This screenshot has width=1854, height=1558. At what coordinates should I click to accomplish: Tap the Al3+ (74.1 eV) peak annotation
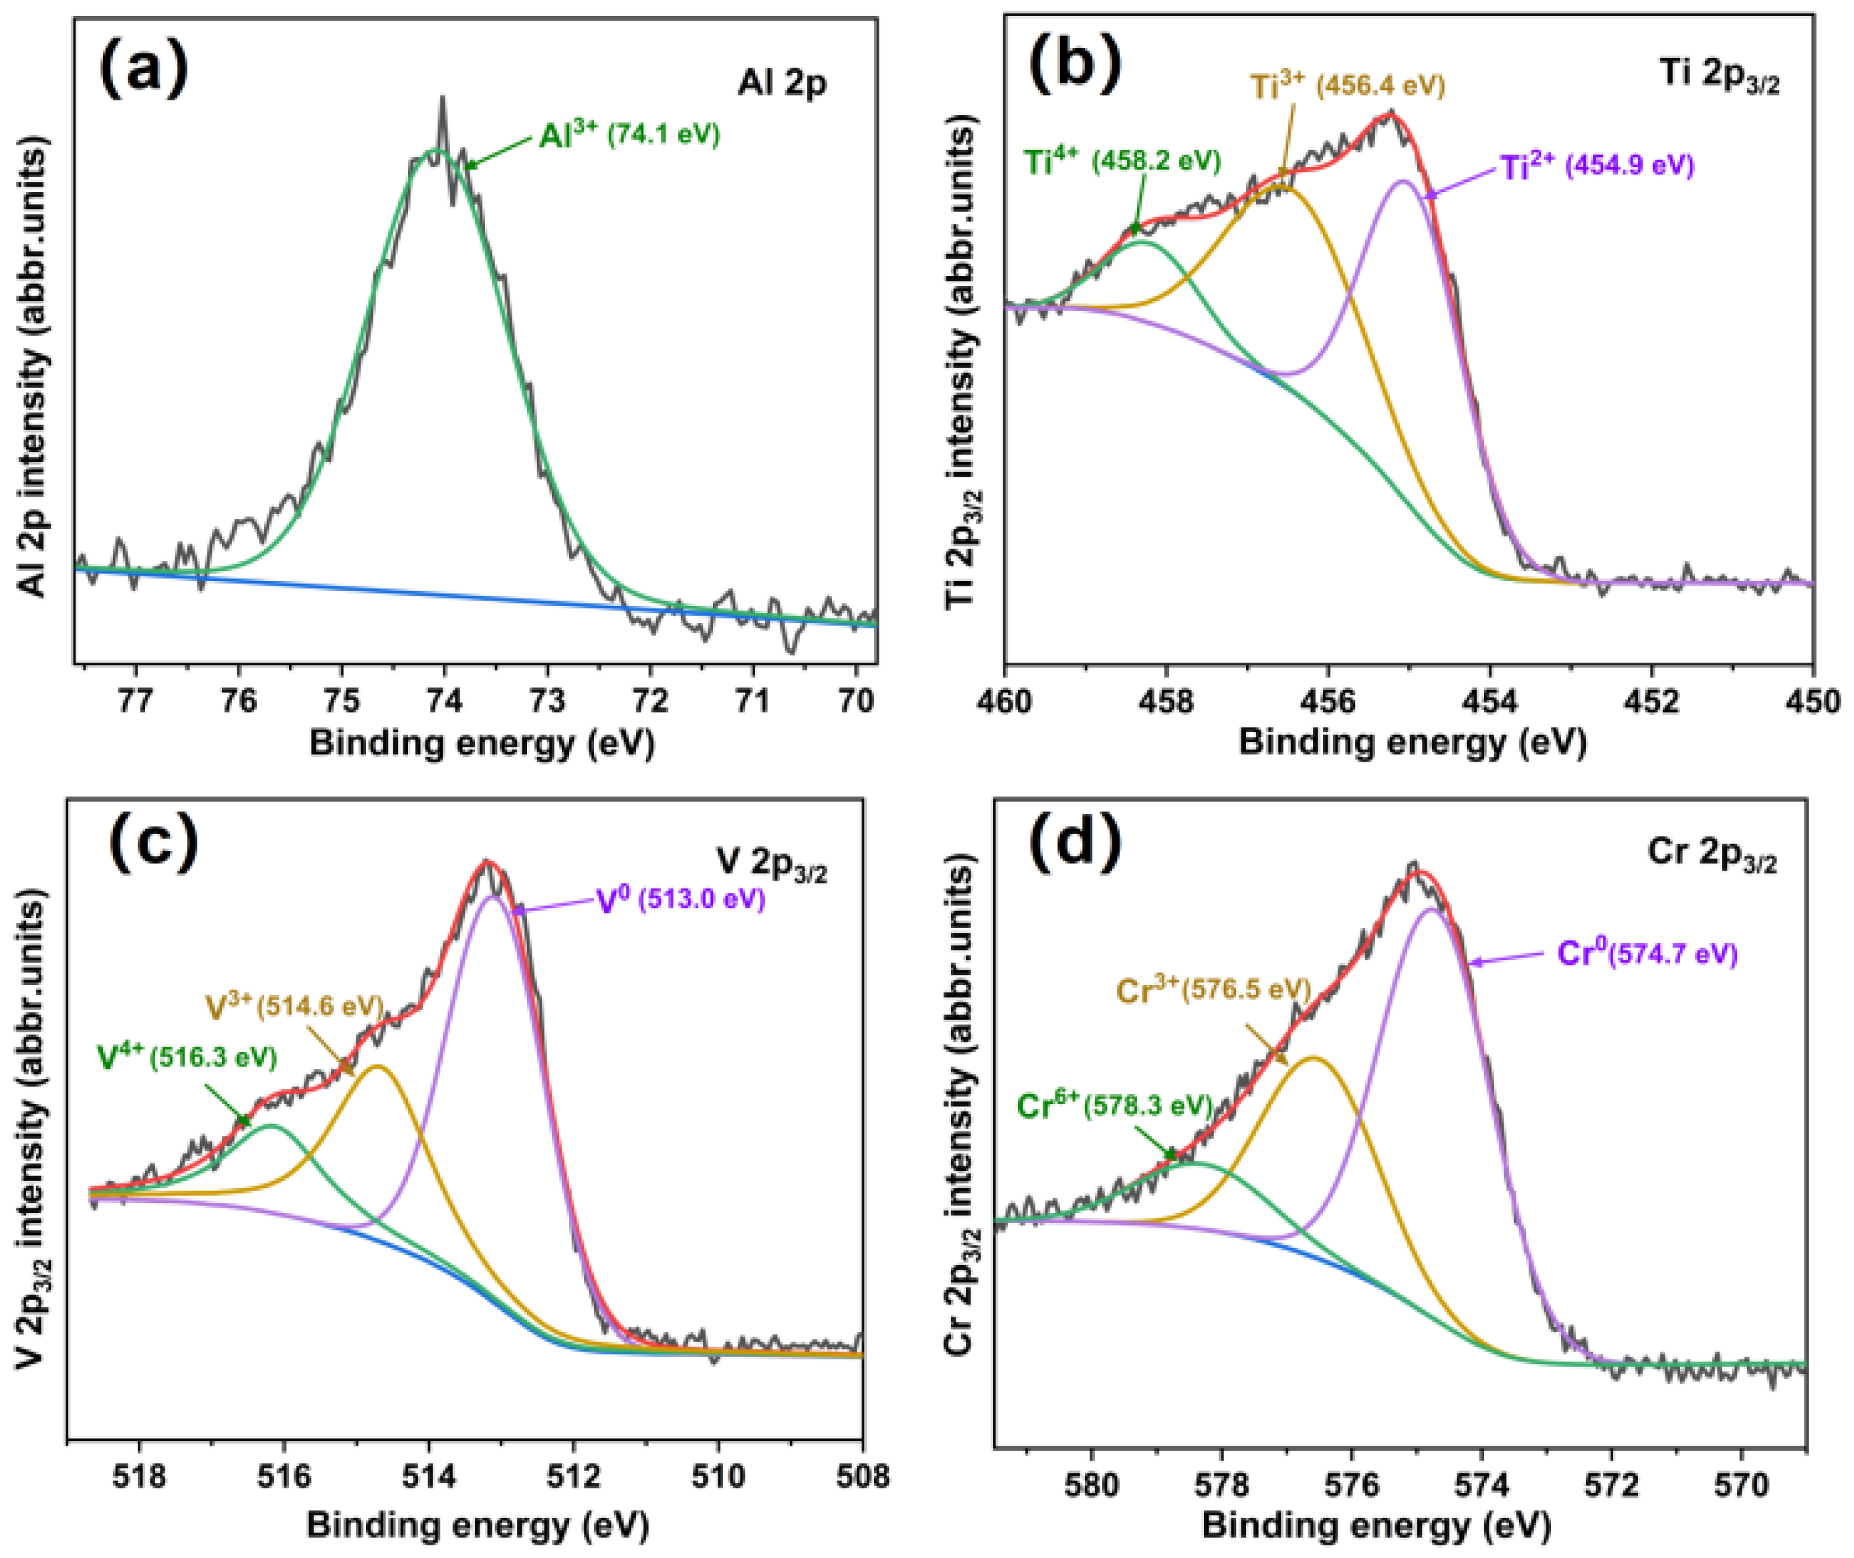pyautogui.click(x=630, y=135)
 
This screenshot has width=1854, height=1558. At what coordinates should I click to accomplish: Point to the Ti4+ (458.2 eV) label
pyautogui.click(x=1122, y=162)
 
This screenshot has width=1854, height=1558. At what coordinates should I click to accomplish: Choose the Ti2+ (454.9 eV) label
pyautogui.click(x=1597, y=167)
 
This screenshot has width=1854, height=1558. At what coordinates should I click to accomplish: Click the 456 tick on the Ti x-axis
pyautogui.click(x=1328, y=700)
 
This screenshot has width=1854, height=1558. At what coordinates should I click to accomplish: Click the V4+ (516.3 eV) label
pyautogui.click(x=187, y=1057)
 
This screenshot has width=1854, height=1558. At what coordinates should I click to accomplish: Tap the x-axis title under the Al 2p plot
pyautogui.click(x=482, y=744)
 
